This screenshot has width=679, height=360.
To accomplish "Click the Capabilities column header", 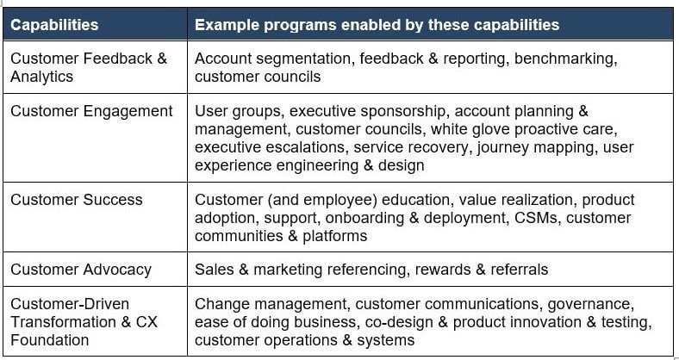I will pyautogui.click(x=54, y=25).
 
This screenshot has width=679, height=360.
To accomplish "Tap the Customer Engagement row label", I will pyautogui.click(x=91, y=111).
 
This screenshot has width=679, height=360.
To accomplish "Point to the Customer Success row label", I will pyautogui.click(x=77, y=199).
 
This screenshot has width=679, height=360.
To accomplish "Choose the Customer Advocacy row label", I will pyautogui.click(x=81, y=270).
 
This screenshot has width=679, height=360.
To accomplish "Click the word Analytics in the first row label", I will pyautogui.click(x=41, y=77).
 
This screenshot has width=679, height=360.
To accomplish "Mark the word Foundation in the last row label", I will pyautogui.click(x=49, y=339).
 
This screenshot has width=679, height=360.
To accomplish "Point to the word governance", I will pyautogui.click(x=590, y=304).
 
